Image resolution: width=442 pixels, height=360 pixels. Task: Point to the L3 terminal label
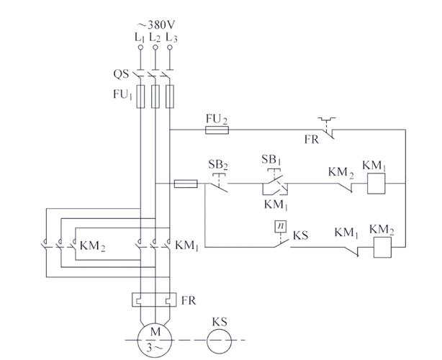[x=171, y=36]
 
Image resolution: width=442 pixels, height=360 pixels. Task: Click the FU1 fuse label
[x=122, y=96]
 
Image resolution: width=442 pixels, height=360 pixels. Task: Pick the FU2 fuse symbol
[x=217, y=130]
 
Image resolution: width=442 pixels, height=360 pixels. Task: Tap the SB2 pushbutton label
[x=218, y=165]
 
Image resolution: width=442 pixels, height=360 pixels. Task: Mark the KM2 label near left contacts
[x=92, y=247]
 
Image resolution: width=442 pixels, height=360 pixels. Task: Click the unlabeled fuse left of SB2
[x=186, y=184]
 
